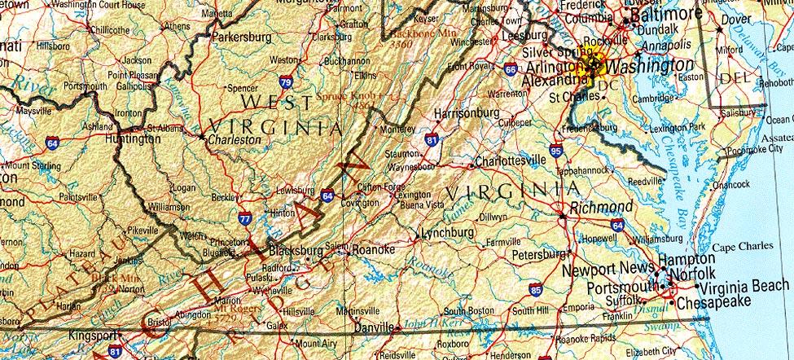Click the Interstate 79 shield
point(285,81)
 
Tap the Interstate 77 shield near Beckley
point(246,218)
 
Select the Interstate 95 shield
point(555,151)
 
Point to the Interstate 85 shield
point(535,288)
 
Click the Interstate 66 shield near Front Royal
point(510,71)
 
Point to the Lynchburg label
point(447,233)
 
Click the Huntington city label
point(133,139)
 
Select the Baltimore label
point(665,15)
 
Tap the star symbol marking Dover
point(718,30)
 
